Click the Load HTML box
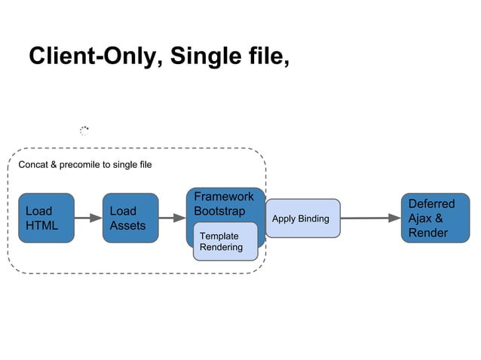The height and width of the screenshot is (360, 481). [x=46, y=218]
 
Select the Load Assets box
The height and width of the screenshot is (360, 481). [x=130, y=218]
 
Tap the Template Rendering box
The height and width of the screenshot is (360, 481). [x=225, y=241]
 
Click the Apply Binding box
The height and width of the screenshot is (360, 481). [x=302, y=218]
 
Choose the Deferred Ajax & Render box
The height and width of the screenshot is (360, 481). [x=428, y=218]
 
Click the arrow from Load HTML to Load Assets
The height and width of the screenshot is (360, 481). [x=88, y=218]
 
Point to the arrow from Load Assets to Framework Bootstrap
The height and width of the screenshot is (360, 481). [x=173, y=218]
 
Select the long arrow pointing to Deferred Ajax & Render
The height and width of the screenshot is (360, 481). [x=370, y=218]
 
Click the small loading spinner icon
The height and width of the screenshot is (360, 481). [x=84, y=131]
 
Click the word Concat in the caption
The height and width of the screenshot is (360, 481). [x=33, y=165]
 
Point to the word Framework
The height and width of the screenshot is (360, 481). [x=224, y=197]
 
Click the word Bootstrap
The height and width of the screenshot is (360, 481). [x=219, y=211]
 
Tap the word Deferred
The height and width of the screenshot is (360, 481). [x=431, y=204]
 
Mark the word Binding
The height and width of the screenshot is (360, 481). [x=314, y=218]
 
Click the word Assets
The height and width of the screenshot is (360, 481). [x=127, y=225]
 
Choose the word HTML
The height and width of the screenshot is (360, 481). [x=41, y=225]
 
